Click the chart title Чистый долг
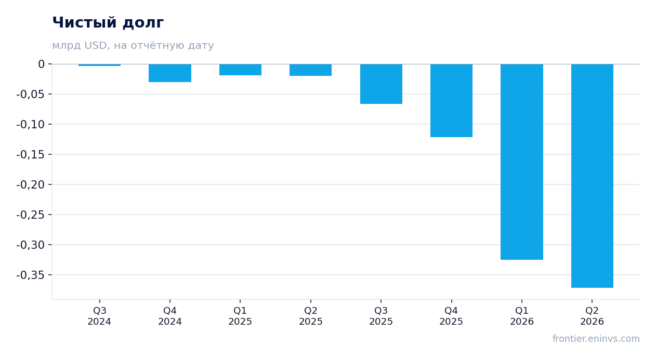click(108, 22)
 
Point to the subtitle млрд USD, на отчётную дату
click(133, 45)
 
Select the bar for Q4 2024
click(170, 73)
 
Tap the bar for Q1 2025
click(240, 70)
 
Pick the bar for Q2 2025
click(311, 70)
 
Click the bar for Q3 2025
click(381, 84)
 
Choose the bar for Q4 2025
click(451, 100)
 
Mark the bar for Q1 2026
click(522, 162)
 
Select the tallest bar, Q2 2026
click(592, 176)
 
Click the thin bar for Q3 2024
click(100, 65)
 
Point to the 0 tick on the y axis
click(41, 64)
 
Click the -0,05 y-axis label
click(31, 94)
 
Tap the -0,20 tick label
click(31, 185)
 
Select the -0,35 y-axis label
click(31, 275)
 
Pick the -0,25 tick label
click(31, 215)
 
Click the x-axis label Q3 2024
click(100, 316)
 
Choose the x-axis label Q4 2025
click(451, 316)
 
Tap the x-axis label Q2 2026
click(592, 316)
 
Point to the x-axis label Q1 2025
click(240, 316)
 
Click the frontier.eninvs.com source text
click(596, 339)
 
